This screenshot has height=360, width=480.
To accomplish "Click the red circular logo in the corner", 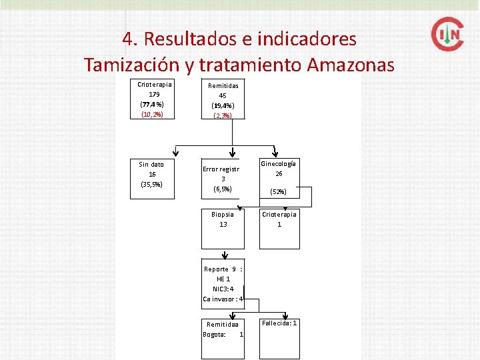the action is pyautogui.click(x=447, y=34).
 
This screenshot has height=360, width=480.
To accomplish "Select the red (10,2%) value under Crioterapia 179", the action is pyautogui.click(x=151, y=115).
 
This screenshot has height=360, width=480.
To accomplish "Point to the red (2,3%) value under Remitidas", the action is pyautogui.click(x=223, y=116).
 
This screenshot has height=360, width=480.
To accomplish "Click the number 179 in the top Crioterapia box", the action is pyautogui.click(x=154, y=94).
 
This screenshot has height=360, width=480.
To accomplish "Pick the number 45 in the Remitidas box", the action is pyautogui.click(x=223, y=95).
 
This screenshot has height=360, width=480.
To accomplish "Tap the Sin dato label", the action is pyautogui.click(x=151, y=164).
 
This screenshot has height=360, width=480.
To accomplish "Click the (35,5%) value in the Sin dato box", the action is pyautogui.click(x=151, y=184).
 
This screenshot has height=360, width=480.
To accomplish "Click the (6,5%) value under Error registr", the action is pyautogui.click(x=223, y=189).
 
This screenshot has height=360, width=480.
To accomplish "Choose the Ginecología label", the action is pyautogui.click(x=279, y=164).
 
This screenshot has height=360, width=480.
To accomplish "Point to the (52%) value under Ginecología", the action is pyautogui.click(x=278, y=192).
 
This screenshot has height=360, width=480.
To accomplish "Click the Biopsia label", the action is pyautogui.click(x=223, y=215).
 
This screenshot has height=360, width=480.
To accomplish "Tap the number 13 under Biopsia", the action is pyautogui.click(x=223, y=225).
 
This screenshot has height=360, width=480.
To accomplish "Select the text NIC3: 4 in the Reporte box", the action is pyautogui.click(x=223, y=289).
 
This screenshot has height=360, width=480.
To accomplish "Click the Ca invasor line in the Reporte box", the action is pyautogui.click(x=223, y=299).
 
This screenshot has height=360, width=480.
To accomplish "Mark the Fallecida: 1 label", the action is pyautogui.click(x=279, y=323).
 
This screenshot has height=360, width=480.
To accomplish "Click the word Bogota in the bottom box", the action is pyautogui.click(x=214, y=334).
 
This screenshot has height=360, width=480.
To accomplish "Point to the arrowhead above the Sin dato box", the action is pyautogui.click(x=175, y=152).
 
